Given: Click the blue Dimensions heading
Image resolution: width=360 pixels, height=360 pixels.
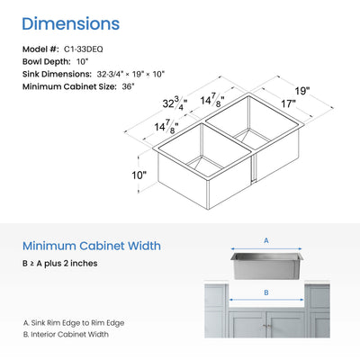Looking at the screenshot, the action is pos(71,23).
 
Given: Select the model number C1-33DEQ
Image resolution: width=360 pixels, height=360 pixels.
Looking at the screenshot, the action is pos(84,49).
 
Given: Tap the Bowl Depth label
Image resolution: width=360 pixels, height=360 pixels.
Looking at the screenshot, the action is pos(47,62).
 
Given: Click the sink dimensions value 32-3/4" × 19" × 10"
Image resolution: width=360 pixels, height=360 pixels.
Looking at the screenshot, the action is pos(130,74).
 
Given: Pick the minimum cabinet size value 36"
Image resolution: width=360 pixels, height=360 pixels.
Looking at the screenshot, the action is pos(129,86).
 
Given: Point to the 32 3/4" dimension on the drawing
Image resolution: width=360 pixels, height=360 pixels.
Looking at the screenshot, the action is pos(175,103).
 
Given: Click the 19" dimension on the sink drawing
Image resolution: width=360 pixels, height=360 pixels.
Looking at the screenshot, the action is pos(301,91).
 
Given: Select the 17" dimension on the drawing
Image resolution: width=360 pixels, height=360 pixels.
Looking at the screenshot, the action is pos(288,103).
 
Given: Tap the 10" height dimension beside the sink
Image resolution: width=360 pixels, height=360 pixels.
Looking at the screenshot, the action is pos(139,175).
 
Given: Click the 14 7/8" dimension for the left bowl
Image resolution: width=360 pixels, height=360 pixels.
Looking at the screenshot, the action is pos(166,126).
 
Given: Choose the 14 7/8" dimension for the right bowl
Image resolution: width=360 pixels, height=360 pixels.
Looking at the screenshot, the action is pos(212,100).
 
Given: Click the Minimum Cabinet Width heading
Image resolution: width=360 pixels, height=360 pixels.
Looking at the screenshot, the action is pos(92,246).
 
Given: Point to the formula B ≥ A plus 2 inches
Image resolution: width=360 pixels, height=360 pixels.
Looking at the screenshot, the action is pos(60,264).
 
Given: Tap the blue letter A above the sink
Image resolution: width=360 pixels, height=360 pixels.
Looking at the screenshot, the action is pos(266,240).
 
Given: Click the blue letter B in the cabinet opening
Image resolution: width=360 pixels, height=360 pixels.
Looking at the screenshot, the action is pos(266,292).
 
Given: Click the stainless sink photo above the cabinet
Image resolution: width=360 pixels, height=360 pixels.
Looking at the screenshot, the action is pos(267,265).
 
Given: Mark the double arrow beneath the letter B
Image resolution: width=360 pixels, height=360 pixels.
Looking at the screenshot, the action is pos(266,300).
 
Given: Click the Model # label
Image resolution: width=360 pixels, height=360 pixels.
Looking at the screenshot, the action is pos(40,49).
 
